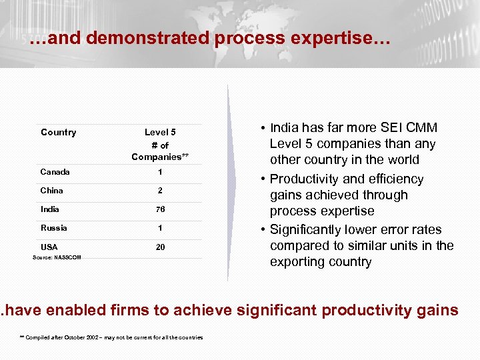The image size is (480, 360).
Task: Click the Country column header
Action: (58, 132)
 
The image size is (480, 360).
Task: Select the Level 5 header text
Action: (160, 132)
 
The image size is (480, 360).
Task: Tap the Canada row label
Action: (55, 172)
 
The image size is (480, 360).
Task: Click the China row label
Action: (51, 191)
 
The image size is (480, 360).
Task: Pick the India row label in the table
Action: (50, 209)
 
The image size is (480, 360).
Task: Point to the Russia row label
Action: (53, 228)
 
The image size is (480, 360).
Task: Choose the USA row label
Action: (49, 247)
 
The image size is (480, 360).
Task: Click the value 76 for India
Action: (160, 209)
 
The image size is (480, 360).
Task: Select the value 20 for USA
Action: (160, 247)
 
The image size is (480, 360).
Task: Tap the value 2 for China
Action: (160, 191)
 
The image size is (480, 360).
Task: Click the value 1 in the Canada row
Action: (160, 172)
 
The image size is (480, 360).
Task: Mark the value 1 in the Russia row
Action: (160, 228)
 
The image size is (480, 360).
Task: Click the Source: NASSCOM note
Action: (57, 257)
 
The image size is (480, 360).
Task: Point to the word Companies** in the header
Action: (160, 157)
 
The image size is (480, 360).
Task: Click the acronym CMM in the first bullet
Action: (423, 128)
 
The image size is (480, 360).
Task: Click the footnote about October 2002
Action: (112, 337)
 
